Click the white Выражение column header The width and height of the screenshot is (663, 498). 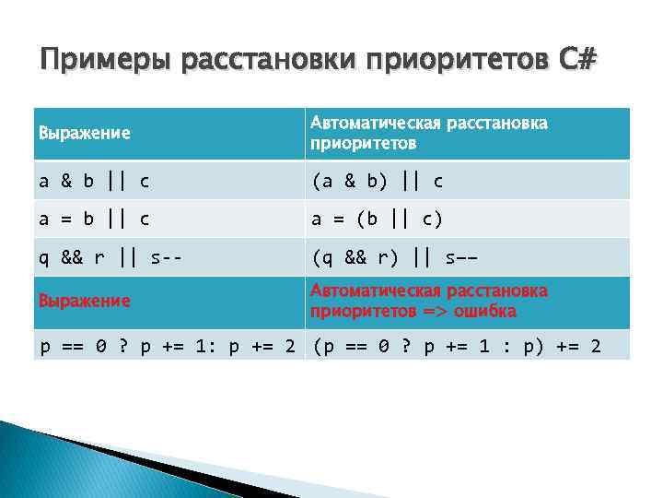click(84, 133)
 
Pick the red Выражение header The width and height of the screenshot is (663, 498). click(84, 302)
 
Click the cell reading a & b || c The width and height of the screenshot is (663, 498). click(94, 181)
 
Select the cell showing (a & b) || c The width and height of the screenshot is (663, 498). click(378, 181)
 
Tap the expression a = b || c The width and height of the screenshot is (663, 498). click(94, 219)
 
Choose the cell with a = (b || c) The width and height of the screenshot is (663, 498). click(378, 219)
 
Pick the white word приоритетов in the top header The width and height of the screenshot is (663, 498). click(363, 144)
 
